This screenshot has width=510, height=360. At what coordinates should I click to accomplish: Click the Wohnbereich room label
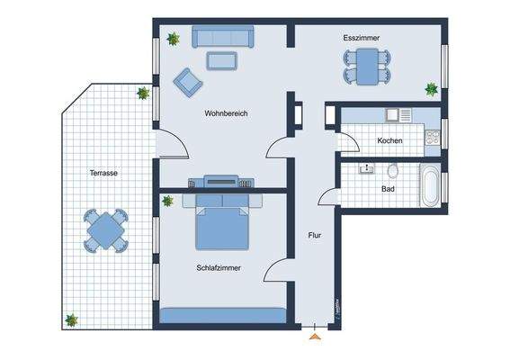[x=226, y=113]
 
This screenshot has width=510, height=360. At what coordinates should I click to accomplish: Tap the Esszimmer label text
[x=361, y=39]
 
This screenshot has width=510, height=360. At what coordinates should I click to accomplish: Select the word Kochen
[x=389, y=141]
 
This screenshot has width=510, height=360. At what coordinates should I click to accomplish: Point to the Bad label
[x=388, y=189]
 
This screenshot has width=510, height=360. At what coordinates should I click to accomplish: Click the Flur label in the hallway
[x=315, y=236]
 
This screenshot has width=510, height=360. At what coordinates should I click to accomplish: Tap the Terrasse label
[x=103, y=173]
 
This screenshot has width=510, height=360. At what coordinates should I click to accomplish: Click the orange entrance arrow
[x=314, y=337]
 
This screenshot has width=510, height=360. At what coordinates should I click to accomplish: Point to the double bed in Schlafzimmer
[x=222, y=225]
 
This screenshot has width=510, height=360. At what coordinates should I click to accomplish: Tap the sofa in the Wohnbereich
[x=222, y=38]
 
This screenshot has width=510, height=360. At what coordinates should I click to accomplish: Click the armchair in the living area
[x=188, y=81]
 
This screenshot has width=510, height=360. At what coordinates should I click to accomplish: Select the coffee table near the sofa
[x=221, y=60]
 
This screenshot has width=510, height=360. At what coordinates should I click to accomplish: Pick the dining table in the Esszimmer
[x=366, y=65]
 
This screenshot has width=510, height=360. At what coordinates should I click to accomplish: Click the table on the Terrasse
[x=106, y=230]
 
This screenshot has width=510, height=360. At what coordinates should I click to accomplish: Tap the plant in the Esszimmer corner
[x=432, y=88]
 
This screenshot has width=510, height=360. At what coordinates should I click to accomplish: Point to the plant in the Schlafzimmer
[x=167, y=201]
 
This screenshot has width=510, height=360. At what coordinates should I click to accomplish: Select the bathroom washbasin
[x=367, y=168]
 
